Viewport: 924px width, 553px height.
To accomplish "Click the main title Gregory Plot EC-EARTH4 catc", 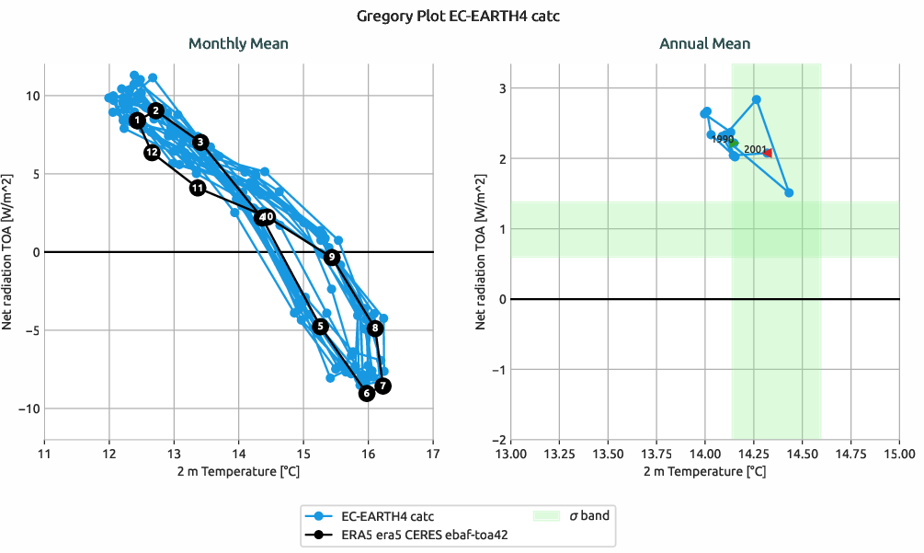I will click(x=462, y=16).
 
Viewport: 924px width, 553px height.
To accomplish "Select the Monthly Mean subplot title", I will click(x=238, y=43).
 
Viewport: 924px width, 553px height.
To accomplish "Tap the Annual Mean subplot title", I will click(x=704, y=43).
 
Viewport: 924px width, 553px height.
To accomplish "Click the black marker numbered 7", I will click(x=382, y=386).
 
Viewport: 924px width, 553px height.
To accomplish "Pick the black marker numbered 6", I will click(x=366, y=394).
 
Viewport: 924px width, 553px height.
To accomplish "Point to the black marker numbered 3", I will click(x=200, y=142).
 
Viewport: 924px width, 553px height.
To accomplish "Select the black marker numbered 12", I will click(x=153, y=152).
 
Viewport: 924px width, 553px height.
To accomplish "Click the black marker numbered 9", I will click(x=332, y=258).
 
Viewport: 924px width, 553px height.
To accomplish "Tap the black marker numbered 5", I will click(x=320, y=327).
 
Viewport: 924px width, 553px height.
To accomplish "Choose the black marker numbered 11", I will click(x=198, y=188).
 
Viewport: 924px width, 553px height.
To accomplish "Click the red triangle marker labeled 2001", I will click(x=768, y=153).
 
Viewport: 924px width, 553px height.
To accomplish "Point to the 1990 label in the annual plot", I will click(x=723, y=139).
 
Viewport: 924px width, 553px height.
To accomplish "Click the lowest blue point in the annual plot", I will click(x=789, y=192).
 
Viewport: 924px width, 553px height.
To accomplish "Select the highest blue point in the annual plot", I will click(x=757, y=99).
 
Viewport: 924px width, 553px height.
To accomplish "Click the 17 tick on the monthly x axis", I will click(x=433, y=453).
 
